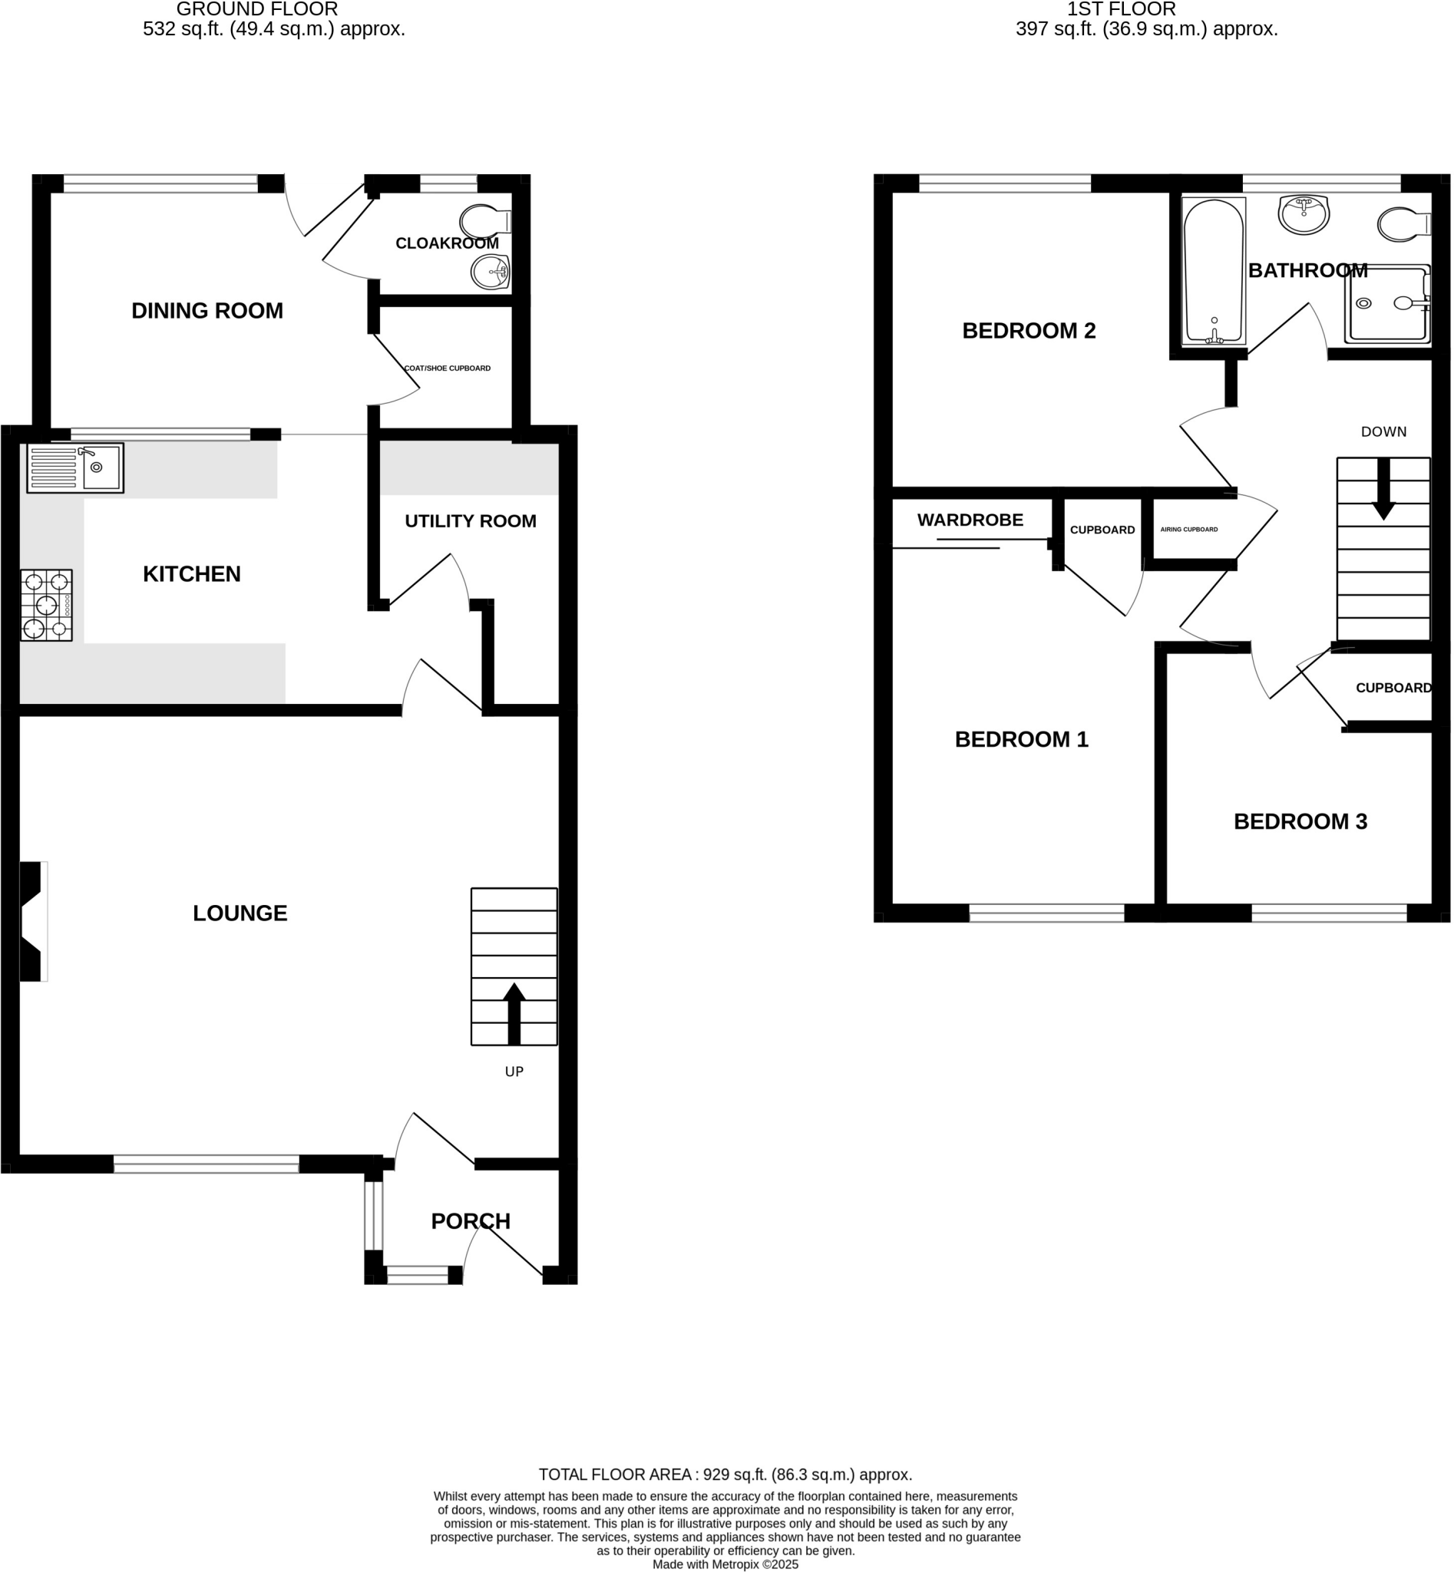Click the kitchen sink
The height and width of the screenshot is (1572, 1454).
75,468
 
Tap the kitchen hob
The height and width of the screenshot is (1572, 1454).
46,605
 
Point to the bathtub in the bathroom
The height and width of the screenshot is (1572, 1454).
1214,272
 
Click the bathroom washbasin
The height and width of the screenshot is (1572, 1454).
1304,213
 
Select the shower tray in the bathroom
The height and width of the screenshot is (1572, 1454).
1387,304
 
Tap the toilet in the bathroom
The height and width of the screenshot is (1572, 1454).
1403,224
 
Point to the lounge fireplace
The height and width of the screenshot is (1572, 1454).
32,921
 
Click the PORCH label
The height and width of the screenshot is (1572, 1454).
471,1221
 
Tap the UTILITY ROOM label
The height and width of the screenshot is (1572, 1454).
471,521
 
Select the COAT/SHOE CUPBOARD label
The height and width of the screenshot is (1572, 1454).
447,368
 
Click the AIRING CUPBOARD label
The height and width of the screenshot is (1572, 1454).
1189,530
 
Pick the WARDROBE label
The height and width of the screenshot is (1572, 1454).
970,520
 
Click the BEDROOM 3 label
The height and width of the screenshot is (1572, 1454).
1300,821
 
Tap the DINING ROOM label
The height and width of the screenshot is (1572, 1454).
207,311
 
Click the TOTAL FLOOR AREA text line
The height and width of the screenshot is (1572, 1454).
725,1475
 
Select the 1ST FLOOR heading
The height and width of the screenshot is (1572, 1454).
1121,9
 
